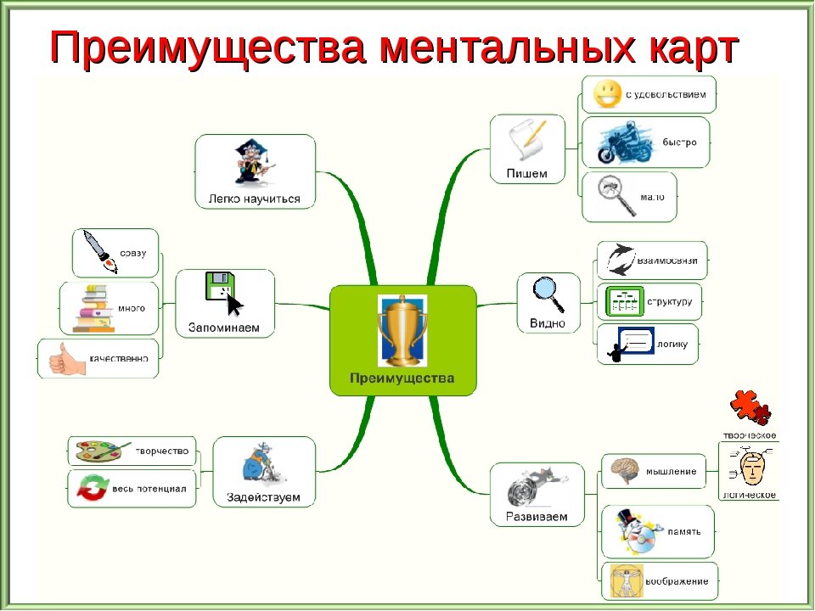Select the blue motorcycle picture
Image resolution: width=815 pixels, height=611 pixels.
click(x=622, y=142)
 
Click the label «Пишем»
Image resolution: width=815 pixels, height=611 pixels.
click(x=526, y=174)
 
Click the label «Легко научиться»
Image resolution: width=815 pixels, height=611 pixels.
click(x=255, y=199)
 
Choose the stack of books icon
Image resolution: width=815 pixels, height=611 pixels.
click(x=93, y=309)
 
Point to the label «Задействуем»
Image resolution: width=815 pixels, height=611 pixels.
click(x=263, y=496)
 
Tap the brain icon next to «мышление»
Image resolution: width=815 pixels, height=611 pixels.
click(x=625, y=472)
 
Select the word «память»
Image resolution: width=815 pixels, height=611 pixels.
click(x=685, y=531)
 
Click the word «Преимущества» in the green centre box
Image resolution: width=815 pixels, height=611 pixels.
click(x=402, y=378)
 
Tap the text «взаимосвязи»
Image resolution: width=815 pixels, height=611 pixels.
click(x=667, y=261)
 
